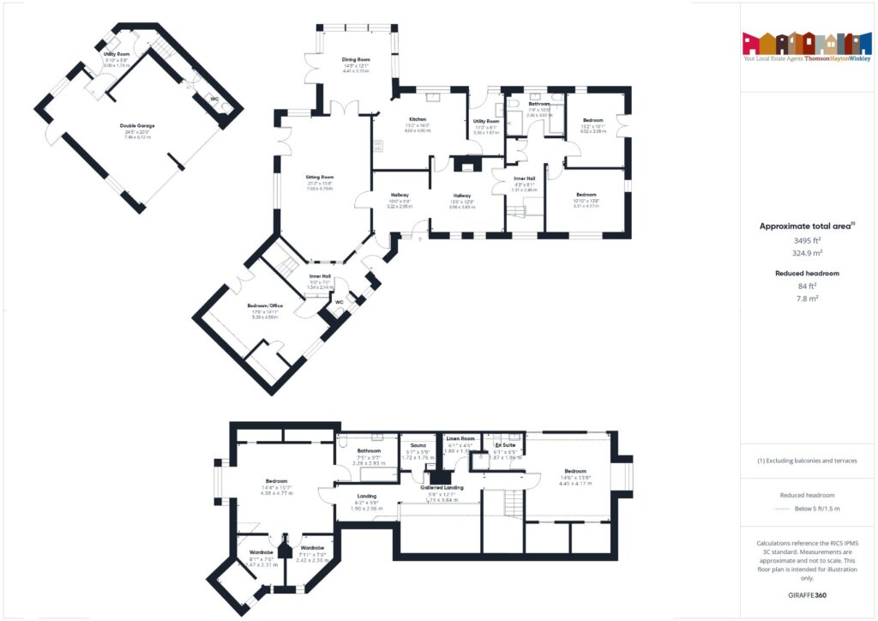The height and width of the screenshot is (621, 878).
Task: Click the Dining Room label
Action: pos(355,59)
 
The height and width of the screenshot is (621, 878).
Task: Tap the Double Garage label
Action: pos(137,126)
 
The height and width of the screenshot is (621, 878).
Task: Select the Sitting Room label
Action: pos(320,178)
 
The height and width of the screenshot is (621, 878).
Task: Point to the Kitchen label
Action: pos(418,119)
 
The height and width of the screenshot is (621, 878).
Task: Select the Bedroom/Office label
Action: pos(266,305)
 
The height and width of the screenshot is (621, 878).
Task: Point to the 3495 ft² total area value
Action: pos(807,241)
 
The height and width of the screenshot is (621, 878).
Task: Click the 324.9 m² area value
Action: pos(807,254)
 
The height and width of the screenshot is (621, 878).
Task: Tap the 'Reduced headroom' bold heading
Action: pos(807,273)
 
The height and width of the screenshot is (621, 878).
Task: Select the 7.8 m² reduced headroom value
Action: pos(807,298)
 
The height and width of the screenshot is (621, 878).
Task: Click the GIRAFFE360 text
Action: pos(807,594)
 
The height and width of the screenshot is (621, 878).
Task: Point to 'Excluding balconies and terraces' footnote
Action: pos(807,461)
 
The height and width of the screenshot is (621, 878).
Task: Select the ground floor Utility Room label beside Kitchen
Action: pos(486,122)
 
